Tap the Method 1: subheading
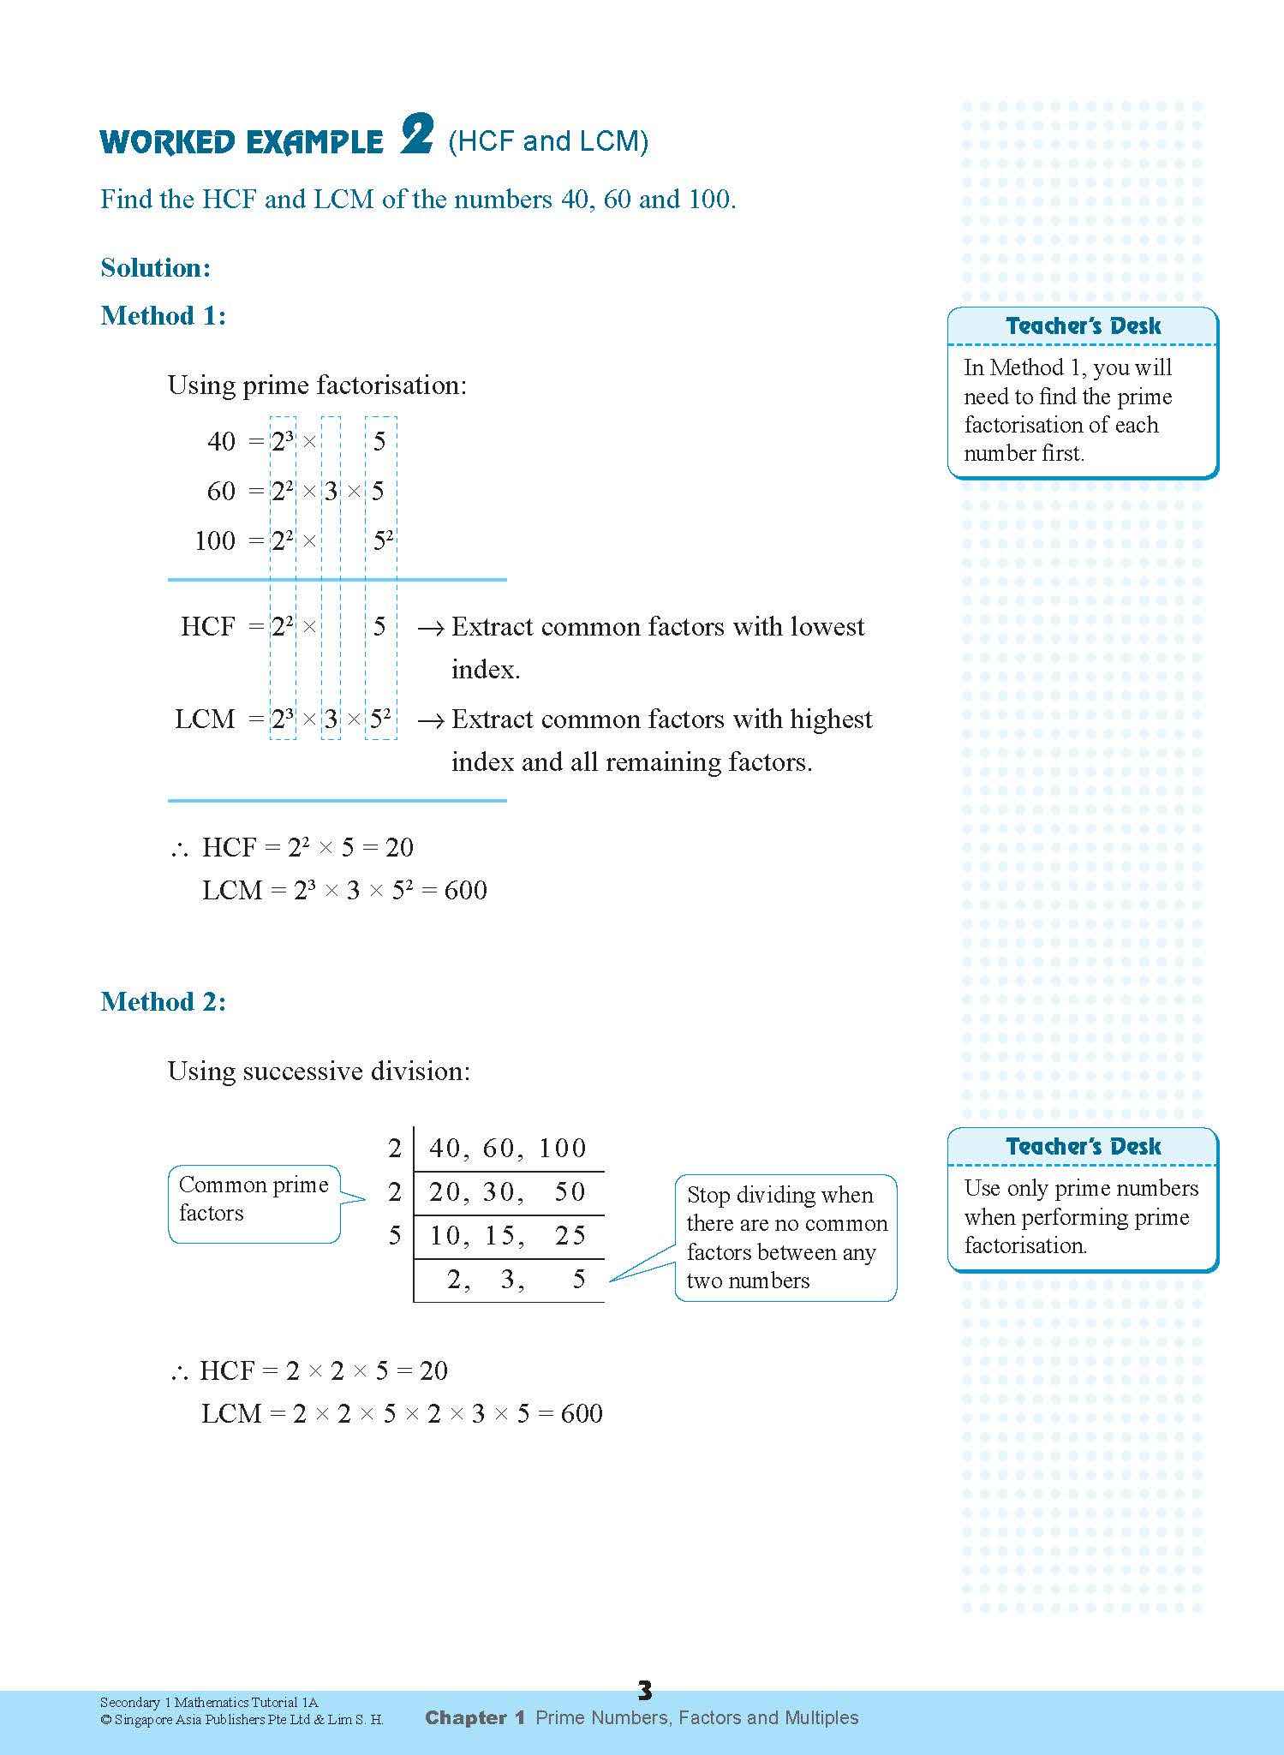click(163, 315)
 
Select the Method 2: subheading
click(163, 1001)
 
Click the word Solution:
click(155, 267)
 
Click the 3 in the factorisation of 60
click(331, 491)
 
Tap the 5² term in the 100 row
click(382, 540)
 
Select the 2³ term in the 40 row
click(283, 441)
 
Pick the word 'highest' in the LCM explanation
click(830, 719)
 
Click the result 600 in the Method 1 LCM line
click(466, 890)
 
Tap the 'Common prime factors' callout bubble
click(254, 1199)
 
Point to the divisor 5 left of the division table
click(395, 1235)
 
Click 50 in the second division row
click(570, 1191)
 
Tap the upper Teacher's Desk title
click(1083, 325)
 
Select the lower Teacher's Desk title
click(1083, 1146)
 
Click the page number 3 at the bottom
click(644, 1690)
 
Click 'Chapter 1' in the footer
click(475, 1717)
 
